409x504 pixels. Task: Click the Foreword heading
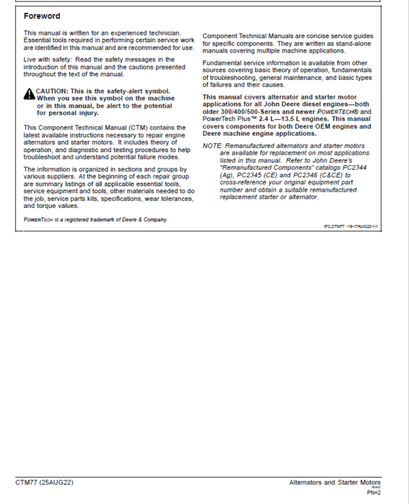(x=42, y=16)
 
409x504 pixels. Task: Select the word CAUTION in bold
(x=52, y=91)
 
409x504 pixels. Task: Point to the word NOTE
(x=213, y=146)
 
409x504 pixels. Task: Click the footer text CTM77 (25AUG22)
(x=44, y=482)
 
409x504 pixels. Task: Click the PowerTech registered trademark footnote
(x=95, y=220)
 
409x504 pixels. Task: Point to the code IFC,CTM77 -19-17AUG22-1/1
(x=351, y=226)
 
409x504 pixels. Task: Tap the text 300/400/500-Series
(x=253, y=112)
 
